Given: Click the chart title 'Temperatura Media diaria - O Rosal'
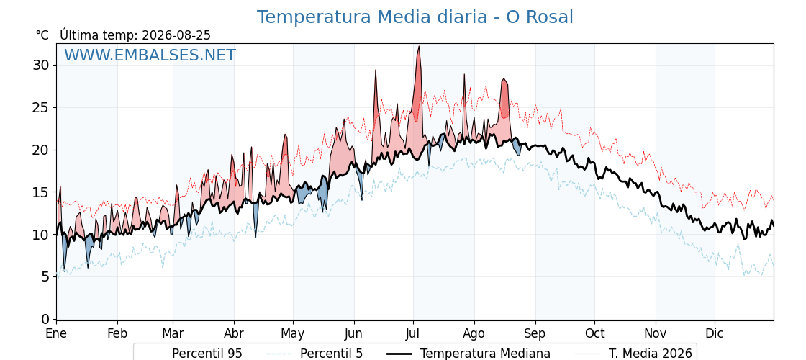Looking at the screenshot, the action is (415, 17).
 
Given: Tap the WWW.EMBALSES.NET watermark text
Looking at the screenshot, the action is (150, 55).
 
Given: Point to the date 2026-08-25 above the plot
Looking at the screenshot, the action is (176, 35).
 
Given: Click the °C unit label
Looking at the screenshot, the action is (42, 35).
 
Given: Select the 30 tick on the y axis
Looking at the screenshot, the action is (41, 66).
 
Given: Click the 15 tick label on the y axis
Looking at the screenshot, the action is (41, 192).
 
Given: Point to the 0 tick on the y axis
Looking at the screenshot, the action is (45, 320).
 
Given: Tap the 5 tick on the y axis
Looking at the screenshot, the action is (45, 277).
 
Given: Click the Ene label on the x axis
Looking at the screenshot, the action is (56, 333).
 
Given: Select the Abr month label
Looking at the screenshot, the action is (234, 333).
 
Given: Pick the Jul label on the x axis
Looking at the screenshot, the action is (413, 333).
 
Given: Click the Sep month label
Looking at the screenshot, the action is (535, 333).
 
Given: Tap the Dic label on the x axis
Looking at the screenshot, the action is (715, 333).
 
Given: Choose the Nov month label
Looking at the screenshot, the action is (656, 333).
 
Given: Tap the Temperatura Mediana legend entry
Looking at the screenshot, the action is (468, 354).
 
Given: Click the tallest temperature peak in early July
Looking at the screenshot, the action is (419, 47).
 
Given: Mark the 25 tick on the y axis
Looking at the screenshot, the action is (41, 107).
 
